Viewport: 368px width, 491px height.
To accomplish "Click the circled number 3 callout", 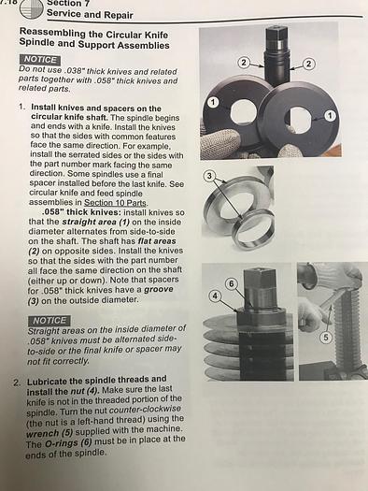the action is [210, 176].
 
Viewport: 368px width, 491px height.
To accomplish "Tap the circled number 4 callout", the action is [214, 296].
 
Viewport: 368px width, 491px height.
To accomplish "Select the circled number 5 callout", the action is [325, 338].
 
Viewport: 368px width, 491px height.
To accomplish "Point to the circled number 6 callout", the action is [231, 283].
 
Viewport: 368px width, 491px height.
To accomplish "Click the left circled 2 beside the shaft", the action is [244, 63].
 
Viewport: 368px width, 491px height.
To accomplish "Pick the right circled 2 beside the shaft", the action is [308, 64].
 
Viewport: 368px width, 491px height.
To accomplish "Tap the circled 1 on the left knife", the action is [214, 102].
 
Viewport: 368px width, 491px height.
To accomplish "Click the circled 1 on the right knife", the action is [330, 116].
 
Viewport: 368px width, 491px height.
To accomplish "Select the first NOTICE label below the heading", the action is [40, 60].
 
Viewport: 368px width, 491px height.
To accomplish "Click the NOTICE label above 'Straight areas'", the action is [49, 321].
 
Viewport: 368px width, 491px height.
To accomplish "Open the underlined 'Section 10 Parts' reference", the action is [116, 203].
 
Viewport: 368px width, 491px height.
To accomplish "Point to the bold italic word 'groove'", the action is [158, 289].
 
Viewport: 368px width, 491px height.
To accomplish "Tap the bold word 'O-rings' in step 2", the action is [62, 443].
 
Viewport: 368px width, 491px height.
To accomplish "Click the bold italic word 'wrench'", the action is [43, 434].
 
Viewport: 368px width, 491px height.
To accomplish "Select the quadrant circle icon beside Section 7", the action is [31, 9].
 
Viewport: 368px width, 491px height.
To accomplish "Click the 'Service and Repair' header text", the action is [90, 14].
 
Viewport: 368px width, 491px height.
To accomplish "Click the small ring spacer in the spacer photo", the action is [252, 228].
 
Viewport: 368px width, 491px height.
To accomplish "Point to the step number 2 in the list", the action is [17, 383].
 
